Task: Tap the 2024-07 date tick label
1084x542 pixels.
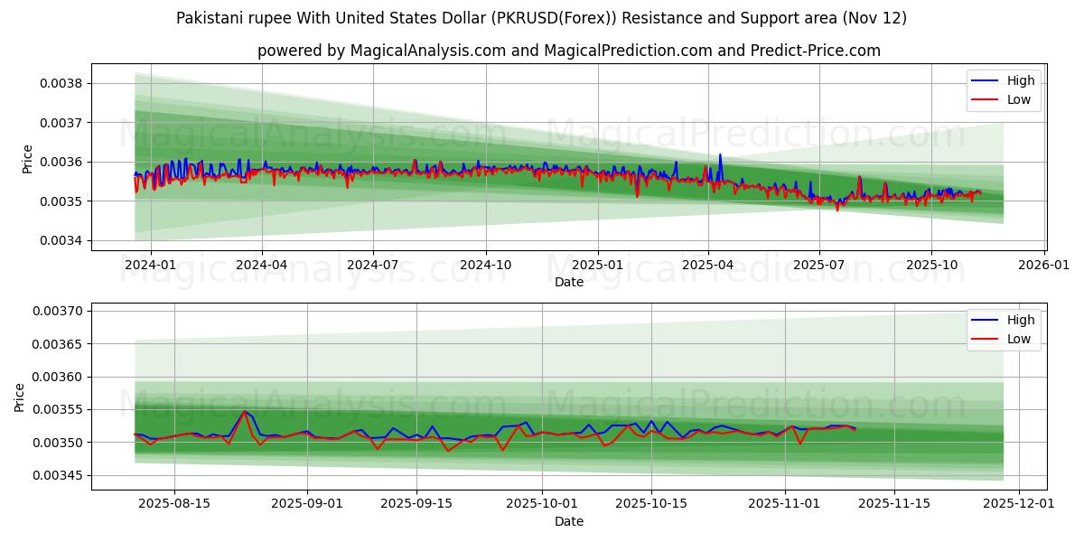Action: (x=374, y=265)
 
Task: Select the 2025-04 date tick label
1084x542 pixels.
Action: (x=708, y=265)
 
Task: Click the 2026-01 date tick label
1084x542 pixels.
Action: (x=1044, y=265)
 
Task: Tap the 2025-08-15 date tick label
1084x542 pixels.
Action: (x=173, y=504)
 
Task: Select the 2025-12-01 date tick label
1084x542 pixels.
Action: (x=1019, y=504)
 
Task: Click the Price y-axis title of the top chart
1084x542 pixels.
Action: (x=27, y=159)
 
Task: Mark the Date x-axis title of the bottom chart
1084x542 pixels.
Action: (x=569, y=521)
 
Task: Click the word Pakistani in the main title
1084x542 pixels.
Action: (x=209, y=18)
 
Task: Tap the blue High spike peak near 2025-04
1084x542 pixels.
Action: (x=720, y=154)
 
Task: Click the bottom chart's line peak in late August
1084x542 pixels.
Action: (x=244, y=412)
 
